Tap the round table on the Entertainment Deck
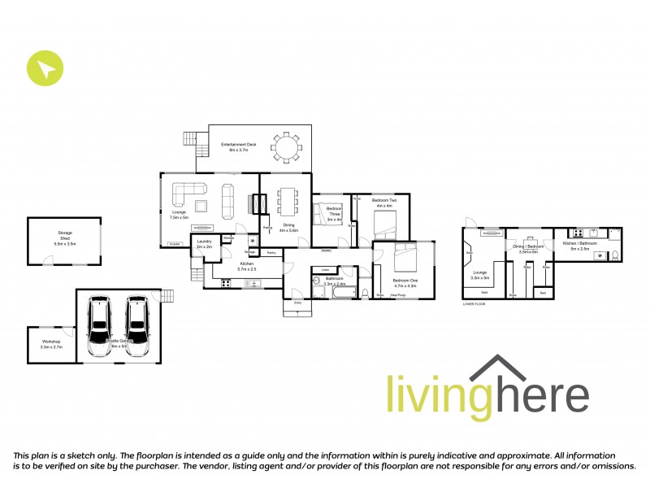coord(286,148)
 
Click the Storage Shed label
coord(64,238)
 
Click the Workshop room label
coord(50,344)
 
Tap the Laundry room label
coord(205,243)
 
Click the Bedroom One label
coord(405,281)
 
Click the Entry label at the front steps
coord(298,303)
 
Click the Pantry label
coord(271,253)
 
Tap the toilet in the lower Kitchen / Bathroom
coord(615,255)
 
